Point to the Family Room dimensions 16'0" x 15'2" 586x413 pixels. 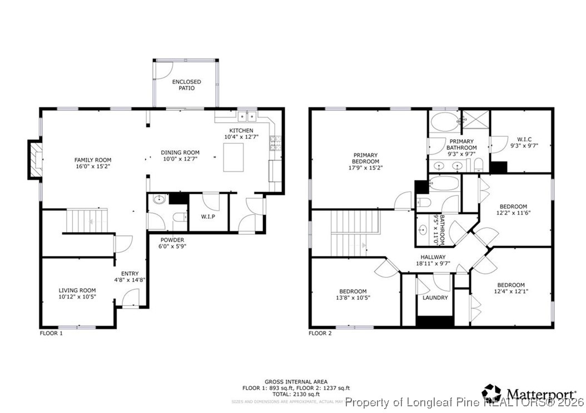click(x=93, y=166)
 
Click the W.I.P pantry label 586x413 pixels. click(x=208, y=216)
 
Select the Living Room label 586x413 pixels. click(x=77, y=290)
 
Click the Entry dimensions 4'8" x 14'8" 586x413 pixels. click(x=130, y=280)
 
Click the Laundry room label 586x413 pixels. click(x=435, y=298)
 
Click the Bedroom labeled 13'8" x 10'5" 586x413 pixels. click(x=352, y=295)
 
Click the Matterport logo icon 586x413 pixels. click(x=491, y=392)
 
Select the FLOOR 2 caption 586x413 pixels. click(x=320, y=334)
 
